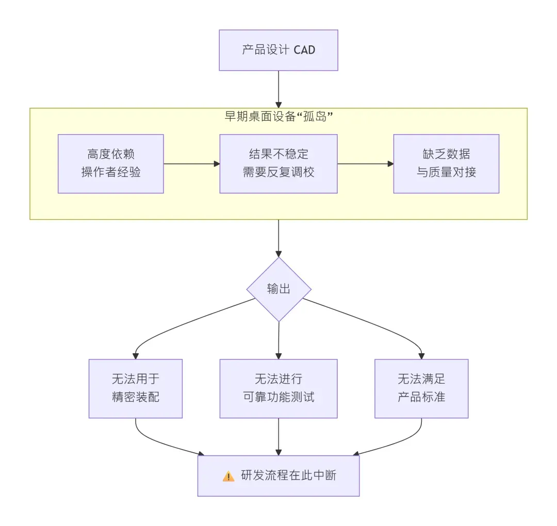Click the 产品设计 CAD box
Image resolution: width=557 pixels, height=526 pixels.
[x=278, y=50]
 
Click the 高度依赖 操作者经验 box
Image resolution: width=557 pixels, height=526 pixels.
[x=111, y=163]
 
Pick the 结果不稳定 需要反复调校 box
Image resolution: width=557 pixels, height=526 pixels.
[x=278, y=163]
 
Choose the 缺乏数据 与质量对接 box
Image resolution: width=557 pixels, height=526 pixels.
[x=446, y=163]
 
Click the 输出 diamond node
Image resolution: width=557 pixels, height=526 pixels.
[x=278, y=289]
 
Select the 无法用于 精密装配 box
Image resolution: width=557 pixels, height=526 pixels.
[x=136, y=388]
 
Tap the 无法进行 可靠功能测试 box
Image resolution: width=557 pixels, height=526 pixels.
[x=278, y=388]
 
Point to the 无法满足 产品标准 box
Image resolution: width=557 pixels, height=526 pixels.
[x=421, y=388]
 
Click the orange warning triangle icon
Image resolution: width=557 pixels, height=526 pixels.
[x=228, y=476]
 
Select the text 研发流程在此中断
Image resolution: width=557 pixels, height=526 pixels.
[x=288, y=475]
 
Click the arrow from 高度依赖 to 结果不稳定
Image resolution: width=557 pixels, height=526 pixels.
[x=191, y=164]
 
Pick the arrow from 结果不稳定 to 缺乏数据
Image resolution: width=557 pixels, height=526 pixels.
[x=365, y=164]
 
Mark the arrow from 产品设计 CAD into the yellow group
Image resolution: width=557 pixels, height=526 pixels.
[x=278, y=89]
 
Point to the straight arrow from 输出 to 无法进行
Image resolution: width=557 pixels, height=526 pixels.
[x=278, y=340]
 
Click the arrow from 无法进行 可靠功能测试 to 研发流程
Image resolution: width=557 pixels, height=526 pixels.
[x=278, y=436]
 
